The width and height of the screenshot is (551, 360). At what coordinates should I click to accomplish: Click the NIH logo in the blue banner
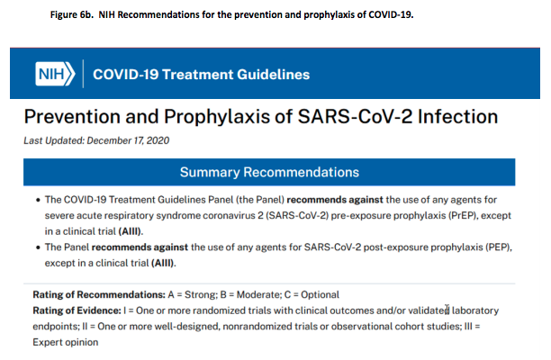(x=55, y=74)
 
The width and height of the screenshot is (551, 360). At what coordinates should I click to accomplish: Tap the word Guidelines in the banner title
(x=274, y=75)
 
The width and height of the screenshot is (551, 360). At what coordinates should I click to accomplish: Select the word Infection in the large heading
(x=457, y=116)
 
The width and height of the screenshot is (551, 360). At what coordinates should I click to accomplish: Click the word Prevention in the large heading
(x=72, y=116)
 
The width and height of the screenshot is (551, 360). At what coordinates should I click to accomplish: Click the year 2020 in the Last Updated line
(x=158, y=140)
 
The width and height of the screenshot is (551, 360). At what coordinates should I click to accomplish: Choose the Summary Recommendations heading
(x=269, y=172)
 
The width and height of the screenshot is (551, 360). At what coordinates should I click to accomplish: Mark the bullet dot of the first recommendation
(x=38, y=200)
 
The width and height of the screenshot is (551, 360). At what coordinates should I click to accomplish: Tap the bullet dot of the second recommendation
(x=38, y=247)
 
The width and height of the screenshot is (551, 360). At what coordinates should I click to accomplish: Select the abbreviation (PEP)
(x=499, y=247)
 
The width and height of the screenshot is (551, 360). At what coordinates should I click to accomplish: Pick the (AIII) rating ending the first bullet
(x=130, y=231)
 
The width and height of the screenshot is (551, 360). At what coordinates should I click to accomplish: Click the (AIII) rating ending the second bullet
(x=163, y=263)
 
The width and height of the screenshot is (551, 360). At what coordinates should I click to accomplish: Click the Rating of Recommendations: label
(x=99, y=294)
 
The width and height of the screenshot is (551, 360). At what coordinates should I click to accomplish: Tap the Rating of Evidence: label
(x=77, y=310)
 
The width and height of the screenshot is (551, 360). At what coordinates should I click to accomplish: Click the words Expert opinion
(x=66, y=342)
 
